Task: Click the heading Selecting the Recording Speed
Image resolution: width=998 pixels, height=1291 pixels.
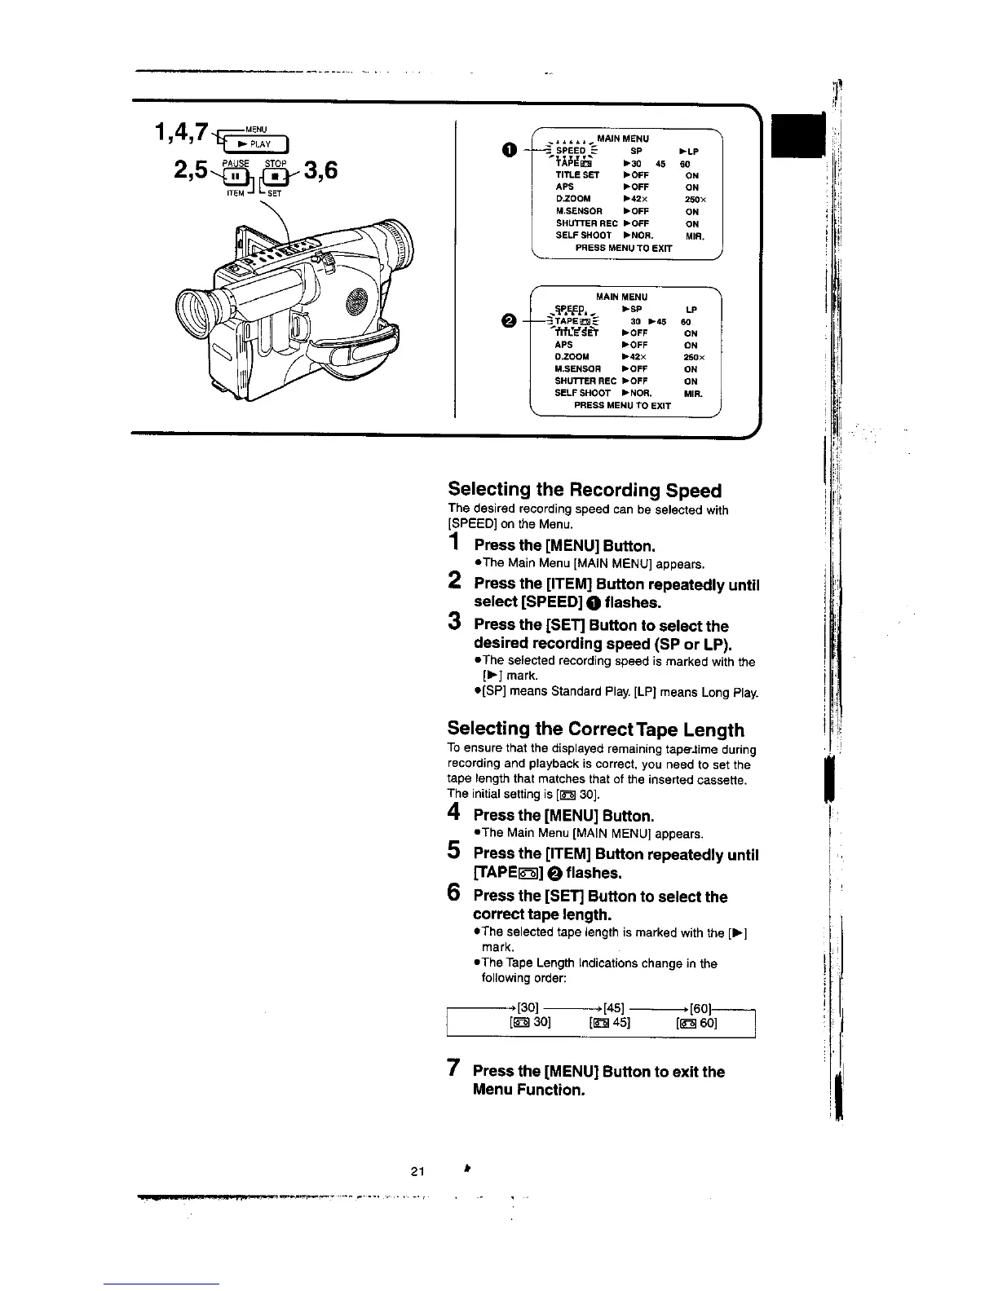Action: click(x=585, y=490)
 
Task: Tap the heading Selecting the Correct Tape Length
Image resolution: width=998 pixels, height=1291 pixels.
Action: click(x=595, y=729)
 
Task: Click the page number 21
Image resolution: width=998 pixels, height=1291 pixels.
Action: click(x=417, y=1172)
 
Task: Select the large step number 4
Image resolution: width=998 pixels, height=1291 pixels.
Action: click(x=455, y=813)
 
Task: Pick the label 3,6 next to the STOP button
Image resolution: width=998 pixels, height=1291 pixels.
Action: click(x=320, y=173)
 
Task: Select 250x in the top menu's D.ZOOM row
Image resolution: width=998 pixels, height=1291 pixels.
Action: click(x=696, y=199)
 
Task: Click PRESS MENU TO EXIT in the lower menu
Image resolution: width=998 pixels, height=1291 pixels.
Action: click(x=622, y=405)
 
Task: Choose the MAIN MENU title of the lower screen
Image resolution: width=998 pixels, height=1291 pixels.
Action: click(x=622, y=297)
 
